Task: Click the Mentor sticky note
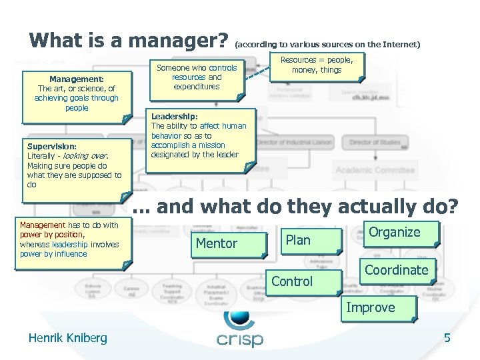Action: click(217, 244)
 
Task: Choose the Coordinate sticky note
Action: click(396, 270)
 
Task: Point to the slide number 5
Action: click(447, 338)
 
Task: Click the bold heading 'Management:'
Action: click(76, 78)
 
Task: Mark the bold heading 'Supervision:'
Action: click(52, 146)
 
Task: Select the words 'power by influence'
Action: click(53, 253)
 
